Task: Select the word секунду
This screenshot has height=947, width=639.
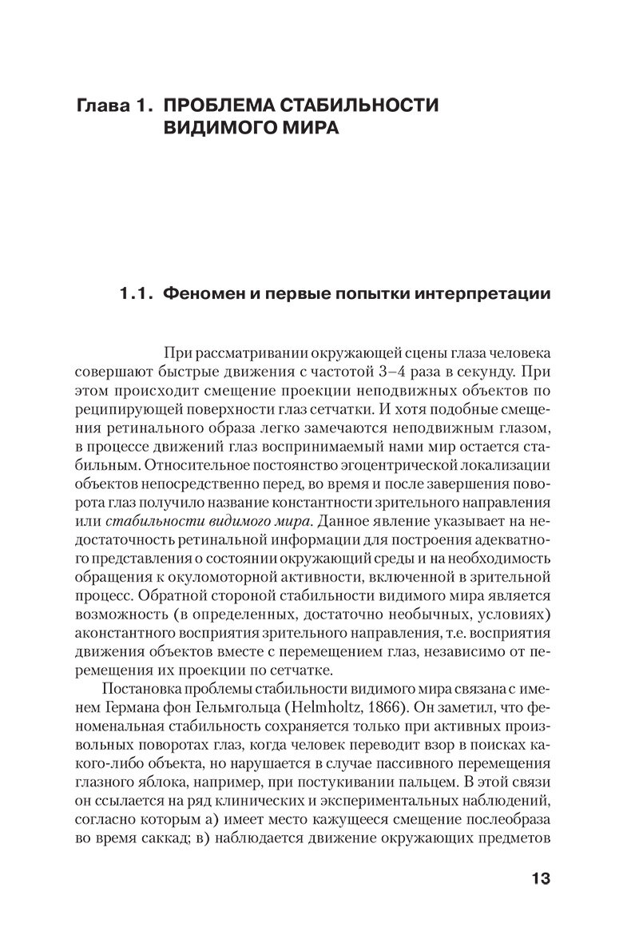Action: point(487,371)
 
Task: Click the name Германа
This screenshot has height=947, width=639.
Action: point(106,709)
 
